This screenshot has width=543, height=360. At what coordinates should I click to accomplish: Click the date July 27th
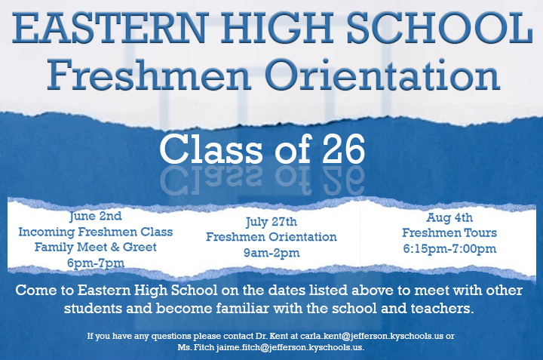click(x=271, y=222)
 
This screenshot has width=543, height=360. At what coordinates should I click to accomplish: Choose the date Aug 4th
click(x=449, y=217)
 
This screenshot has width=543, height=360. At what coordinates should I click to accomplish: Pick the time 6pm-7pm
click(x=96, y=263)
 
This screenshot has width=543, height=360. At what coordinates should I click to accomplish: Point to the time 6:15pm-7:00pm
click(x=449, y=249)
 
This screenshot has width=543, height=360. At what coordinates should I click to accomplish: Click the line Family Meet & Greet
click(x=96, y=247)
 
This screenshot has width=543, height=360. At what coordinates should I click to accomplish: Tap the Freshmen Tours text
click(x=449, y=233)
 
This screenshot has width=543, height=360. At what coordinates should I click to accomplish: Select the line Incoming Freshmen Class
click(x=96, y=231)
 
